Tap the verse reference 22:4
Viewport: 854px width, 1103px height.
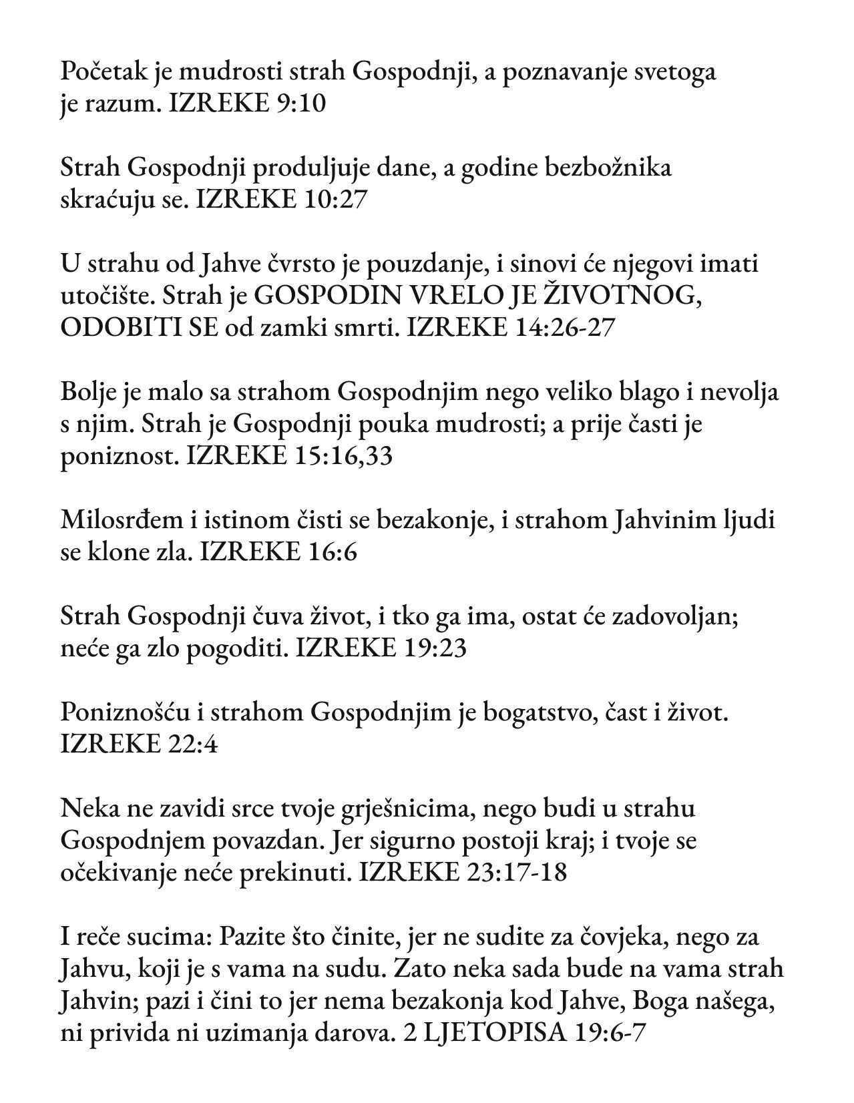pyautogui.click(x=190, y=744)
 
